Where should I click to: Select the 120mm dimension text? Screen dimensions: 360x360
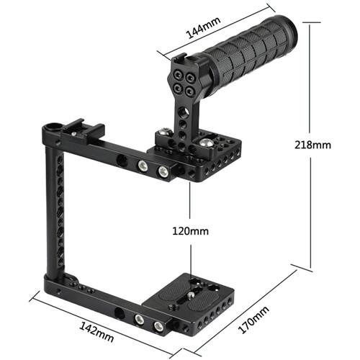(x=192, y=231)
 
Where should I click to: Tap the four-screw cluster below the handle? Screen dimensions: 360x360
(x=180, y=80)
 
